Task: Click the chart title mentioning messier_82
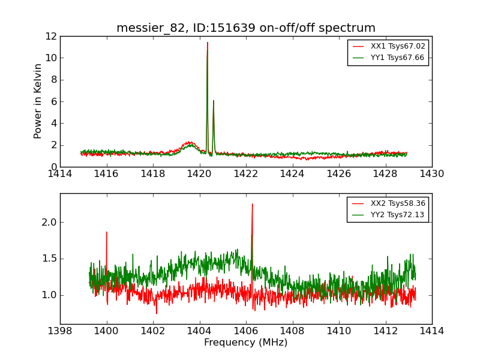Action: coord(245,28)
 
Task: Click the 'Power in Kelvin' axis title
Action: coord(38,101)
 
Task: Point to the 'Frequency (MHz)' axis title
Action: coord(245,343)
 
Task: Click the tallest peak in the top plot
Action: coord(208,43)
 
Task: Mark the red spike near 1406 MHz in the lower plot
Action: coord(252,204)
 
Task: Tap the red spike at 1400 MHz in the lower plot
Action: coord(107,232)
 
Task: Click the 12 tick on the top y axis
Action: coord(50,36)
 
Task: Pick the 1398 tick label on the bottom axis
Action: coord(60,331)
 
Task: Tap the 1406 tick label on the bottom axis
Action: coord(245,331)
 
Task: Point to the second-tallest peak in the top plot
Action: coord(213,101)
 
